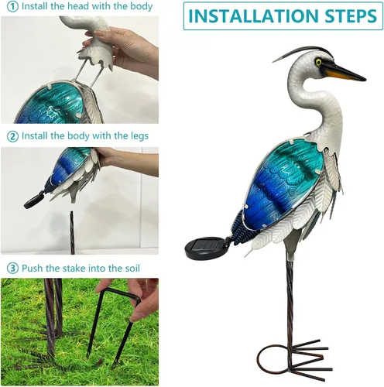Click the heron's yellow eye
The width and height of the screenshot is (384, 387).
tap(319, 62)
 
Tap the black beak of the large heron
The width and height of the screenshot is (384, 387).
tap(342, 70)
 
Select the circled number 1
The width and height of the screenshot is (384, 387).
tap(12, 7)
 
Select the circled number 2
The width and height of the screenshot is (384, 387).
tap(12, 136)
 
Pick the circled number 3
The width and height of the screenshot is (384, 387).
tap(12, 269)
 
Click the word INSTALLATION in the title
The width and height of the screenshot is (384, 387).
tap(254, 16)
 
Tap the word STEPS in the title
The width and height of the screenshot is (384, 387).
tap(351, 16)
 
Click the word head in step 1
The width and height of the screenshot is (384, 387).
tap(77, 6)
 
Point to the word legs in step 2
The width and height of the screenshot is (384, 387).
tap(139, 136)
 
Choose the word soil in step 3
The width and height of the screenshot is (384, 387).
tap(132, 268)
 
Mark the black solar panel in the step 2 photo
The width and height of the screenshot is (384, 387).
tap(34, 199)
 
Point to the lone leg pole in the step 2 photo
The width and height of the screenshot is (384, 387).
tap(72, 233)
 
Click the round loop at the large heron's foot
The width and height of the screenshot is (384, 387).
tap(273, 360)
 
